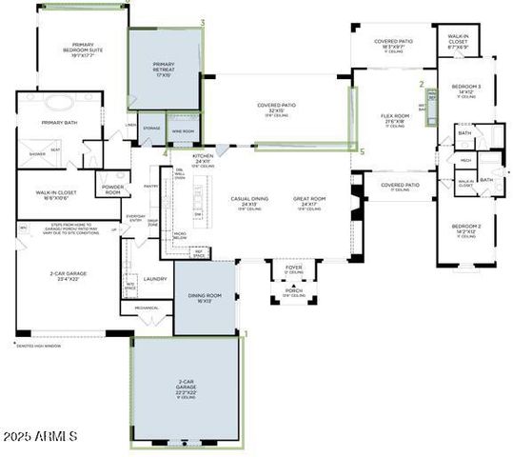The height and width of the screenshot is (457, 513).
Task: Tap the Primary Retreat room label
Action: coord(164,69)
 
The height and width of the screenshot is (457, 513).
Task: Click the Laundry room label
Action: coord(157,279)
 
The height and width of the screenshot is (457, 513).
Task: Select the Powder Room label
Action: coord(111,190)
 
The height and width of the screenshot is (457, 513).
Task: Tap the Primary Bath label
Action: coord(58,123)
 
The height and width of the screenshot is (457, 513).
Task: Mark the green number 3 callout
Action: coord(202,22)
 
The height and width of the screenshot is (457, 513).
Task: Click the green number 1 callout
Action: coord(246,333)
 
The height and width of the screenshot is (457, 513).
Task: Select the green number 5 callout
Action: coord(361,149)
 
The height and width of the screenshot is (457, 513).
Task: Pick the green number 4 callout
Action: coord(165,151)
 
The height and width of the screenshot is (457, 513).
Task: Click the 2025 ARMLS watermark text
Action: coord(40,435)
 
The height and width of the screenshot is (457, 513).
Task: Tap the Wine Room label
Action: coord(183,130)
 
